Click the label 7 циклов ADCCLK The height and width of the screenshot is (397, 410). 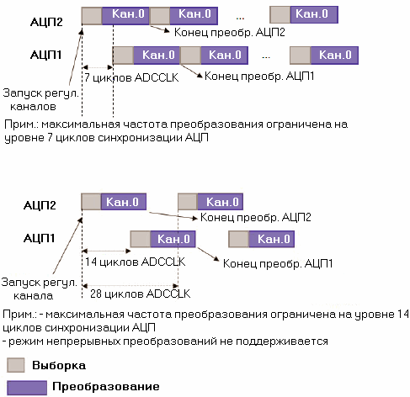pos(131,77)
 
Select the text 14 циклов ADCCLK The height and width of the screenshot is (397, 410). pos(135,262)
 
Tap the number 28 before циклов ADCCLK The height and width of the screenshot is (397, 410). pos(96,294)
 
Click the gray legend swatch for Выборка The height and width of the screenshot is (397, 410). pos(16,365)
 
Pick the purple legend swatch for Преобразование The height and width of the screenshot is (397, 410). pos(27,388)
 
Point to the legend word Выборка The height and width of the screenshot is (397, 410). pos(59,365)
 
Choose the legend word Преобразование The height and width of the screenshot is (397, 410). pos(106,386)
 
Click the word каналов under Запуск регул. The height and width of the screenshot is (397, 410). pos(33,107)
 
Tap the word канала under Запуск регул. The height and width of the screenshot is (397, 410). pos(34,295)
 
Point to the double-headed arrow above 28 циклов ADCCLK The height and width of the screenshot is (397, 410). pos(130,286)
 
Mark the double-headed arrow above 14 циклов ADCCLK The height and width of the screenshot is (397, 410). pos(106,251)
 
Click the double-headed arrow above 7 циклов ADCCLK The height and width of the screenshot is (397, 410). pos(98,67)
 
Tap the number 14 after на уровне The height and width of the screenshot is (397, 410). pos(403,315)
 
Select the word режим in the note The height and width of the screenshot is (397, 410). pos(26,341)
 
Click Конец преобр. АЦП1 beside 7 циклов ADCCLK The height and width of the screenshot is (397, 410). pos(259,76)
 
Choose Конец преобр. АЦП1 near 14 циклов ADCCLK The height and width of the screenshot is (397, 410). pos(278,263)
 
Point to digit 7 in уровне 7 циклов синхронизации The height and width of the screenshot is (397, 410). pos(50,138)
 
